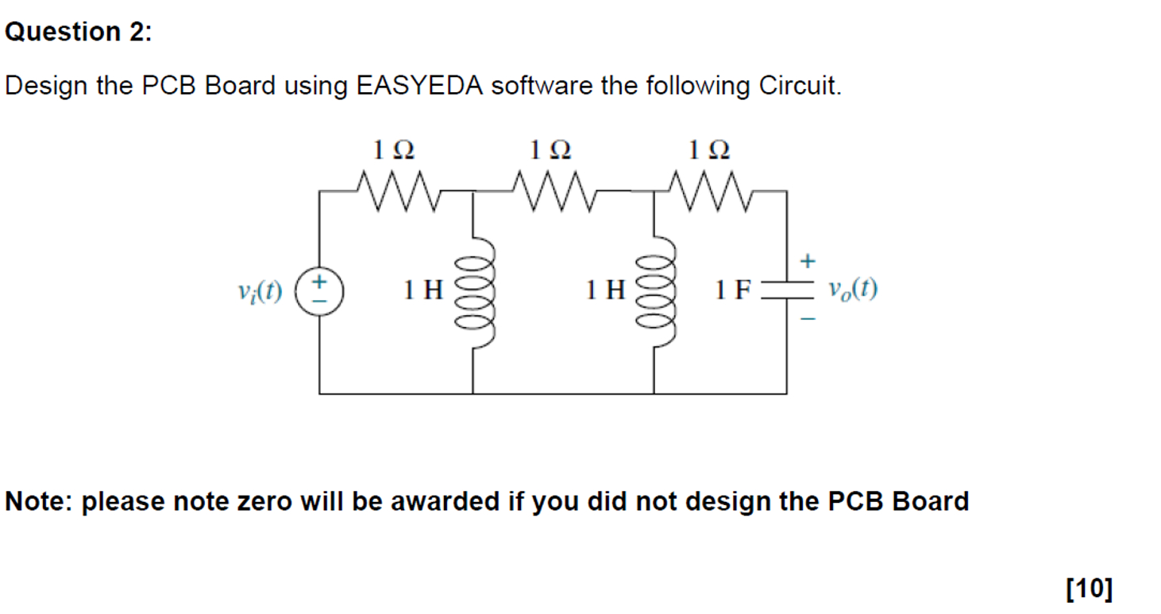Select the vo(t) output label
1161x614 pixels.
852,290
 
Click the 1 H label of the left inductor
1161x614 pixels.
423,291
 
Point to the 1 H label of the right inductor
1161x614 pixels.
606,291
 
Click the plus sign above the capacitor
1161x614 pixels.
808,260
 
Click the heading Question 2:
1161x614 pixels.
77,32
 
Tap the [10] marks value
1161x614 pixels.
1090,589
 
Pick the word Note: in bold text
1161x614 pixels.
40,502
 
